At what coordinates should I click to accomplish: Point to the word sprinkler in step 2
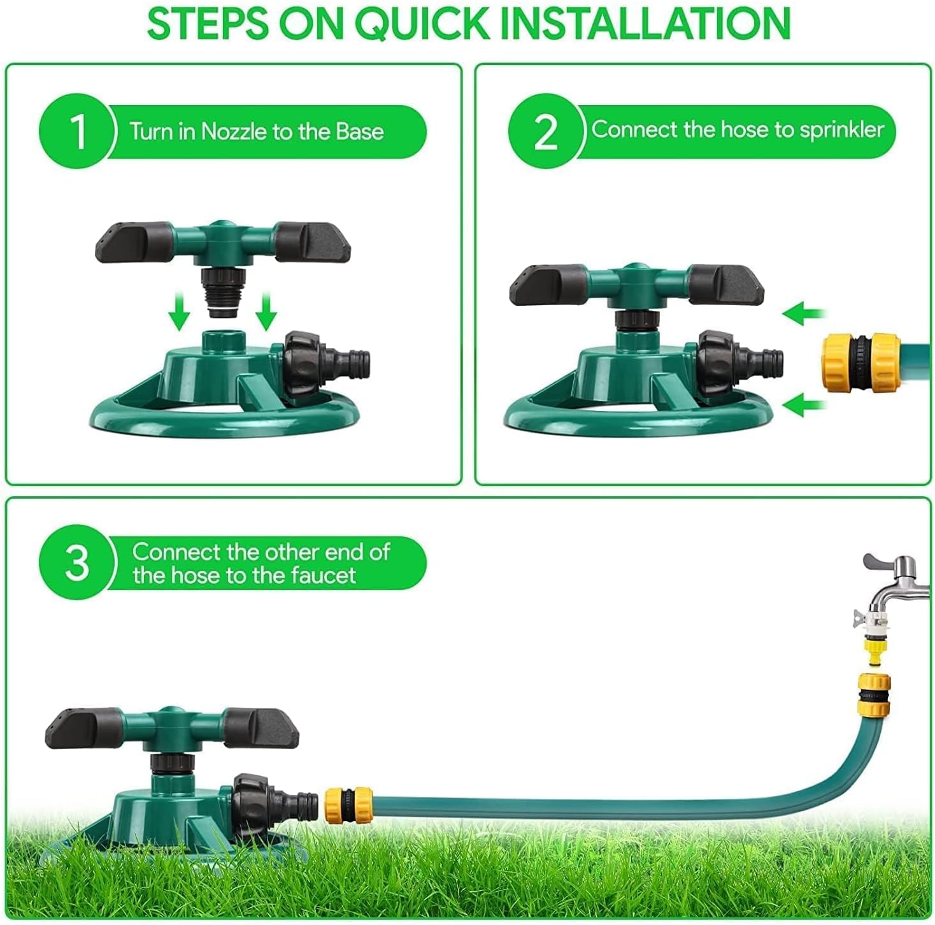(x=842, y=130)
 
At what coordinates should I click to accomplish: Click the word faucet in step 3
(x=323, y=576)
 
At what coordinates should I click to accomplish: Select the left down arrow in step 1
(x=180, y=311)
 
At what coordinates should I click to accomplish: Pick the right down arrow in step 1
(x=266, y=311)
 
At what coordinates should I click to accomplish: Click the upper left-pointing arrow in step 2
(x=804, y=313)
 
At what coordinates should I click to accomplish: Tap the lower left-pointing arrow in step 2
(x=804, y=405)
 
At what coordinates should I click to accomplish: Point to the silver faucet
(x=896, y=584)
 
